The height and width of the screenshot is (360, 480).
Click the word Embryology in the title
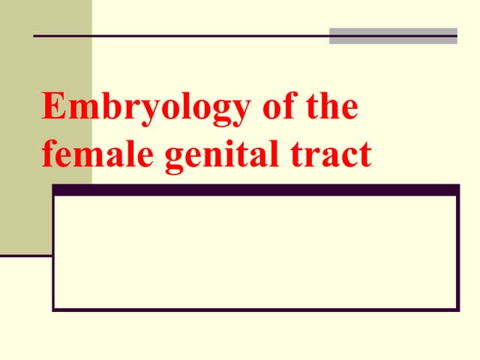(143, 108)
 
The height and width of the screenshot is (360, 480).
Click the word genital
(219, 155)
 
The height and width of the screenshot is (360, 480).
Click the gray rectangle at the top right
(393, 36)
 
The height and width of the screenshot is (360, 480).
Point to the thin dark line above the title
(180, 36)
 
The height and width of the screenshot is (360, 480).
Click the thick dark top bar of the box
(255, 190)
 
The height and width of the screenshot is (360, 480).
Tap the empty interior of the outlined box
(255, 251)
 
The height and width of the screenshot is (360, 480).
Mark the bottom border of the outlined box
(255, 308)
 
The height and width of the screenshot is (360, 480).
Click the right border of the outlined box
(457, 251)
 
